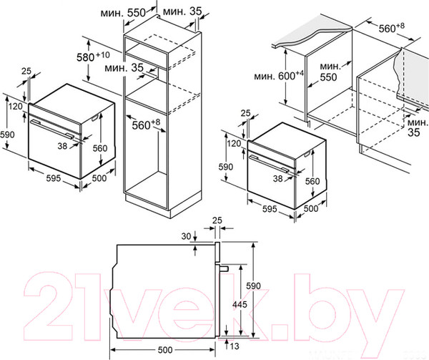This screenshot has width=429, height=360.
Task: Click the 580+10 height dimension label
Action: (x=93, y=57)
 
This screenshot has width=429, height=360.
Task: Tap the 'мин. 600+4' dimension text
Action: (x=279, y=76)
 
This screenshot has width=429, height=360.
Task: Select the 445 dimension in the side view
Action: (x=240, y=304)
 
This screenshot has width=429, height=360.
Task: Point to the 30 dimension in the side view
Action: (x=186, y=236)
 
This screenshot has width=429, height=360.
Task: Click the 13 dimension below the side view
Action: (x=235, y=346)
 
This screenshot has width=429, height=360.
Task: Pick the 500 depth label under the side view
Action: (x=165, y=349)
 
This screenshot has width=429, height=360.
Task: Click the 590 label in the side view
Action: (x=253, y=286)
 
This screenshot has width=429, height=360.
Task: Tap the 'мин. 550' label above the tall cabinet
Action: (x=123, y=13)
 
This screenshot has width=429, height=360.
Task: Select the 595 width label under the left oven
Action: (x=54, y=178)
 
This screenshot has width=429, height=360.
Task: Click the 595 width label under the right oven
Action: (x=270, y=209)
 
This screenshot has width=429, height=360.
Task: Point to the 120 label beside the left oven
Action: (x=15, y=106)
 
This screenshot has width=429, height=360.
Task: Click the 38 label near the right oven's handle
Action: (x=277, y=178)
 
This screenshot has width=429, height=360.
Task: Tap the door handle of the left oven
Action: (x=51, y=129)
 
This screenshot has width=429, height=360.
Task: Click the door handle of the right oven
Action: (x=269, y=164)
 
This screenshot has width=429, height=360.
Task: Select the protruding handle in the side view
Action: (x=224, y=268)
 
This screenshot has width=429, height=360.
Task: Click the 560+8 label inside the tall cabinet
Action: (x=146, y=125)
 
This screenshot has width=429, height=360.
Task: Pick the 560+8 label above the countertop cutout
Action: (x=392, y=27)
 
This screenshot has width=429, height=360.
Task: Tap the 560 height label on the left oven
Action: (x=100, y=148)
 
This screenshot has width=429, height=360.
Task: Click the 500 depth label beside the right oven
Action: (x=311, y=208)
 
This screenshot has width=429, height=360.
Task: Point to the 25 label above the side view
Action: (x=217, y=220)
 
